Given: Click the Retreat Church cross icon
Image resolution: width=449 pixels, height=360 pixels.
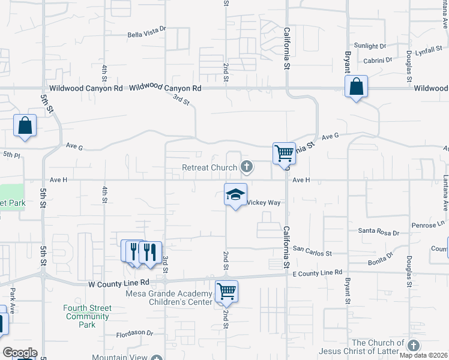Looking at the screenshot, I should tap(246, 166).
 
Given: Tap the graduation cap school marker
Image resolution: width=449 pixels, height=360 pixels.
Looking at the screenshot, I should tap(235, 194).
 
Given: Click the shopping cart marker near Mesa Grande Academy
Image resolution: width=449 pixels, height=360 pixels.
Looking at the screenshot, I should tap(226, 292).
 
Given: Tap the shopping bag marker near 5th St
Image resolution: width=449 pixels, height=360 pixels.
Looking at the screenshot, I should tap(25, 125).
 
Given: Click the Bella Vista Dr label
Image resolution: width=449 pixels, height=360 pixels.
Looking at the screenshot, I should tap(146, 35).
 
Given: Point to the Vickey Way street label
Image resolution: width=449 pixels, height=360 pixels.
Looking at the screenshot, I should tap(264, 203).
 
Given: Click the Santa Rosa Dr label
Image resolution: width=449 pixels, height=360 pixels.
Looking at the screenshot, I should tap(378, 230).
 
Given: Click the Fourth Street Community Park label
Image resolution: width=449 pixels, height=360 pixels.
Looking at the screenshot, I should tap(88, 316).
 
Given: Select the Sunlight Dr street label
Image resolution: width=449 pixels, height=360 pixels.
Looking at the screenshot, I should tap(370, 46).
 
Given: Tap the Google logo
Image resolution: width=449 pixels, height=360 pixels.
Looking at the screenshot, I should tap(20, 353).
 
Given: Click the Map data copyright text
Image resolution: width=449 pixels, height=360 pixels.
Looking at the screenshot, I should tap(423, 355).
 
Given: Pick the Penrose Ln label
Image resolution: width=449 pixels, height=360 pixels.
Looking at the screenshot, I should tap(428, 225).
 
